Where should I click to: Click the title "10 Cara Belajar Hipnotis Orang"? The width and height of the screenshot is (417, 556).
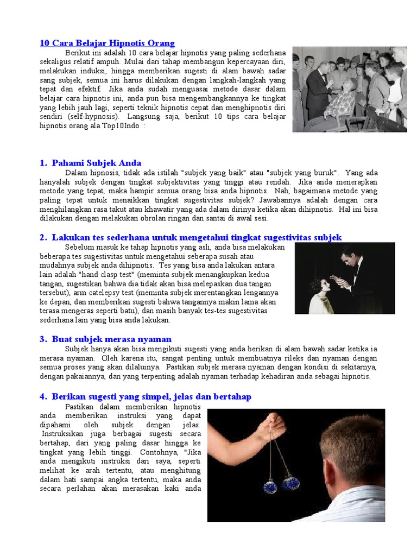pyautogui.click(x=107, y=43)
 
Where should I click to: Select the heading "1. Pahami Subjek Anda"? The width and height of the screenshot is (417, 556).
pyautogui.click(x=90, y=163)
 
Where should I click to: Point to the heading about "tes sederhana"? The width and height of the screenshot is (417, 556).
pyautogui.click(x=191, y=237)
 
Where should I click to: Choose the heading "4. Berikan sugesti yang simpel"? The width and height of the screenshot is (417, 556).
pyautogui.click(x=145, y=397)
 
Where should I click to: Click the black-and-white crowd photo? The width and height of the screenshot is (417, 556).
pyautogui.click(x=349, y=89)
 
